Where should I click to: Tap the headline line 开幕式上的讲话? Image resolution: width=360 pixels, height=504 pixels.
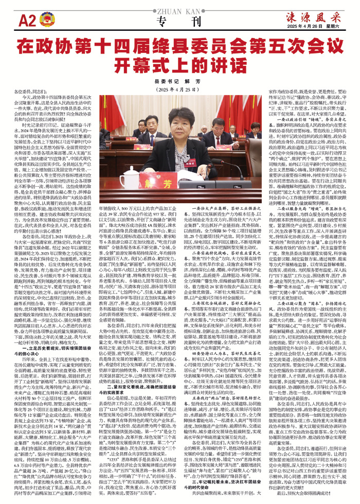coord(179,65)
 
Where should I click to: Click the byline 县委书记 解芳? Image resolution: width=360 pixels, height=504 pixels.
coord(179,81)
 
